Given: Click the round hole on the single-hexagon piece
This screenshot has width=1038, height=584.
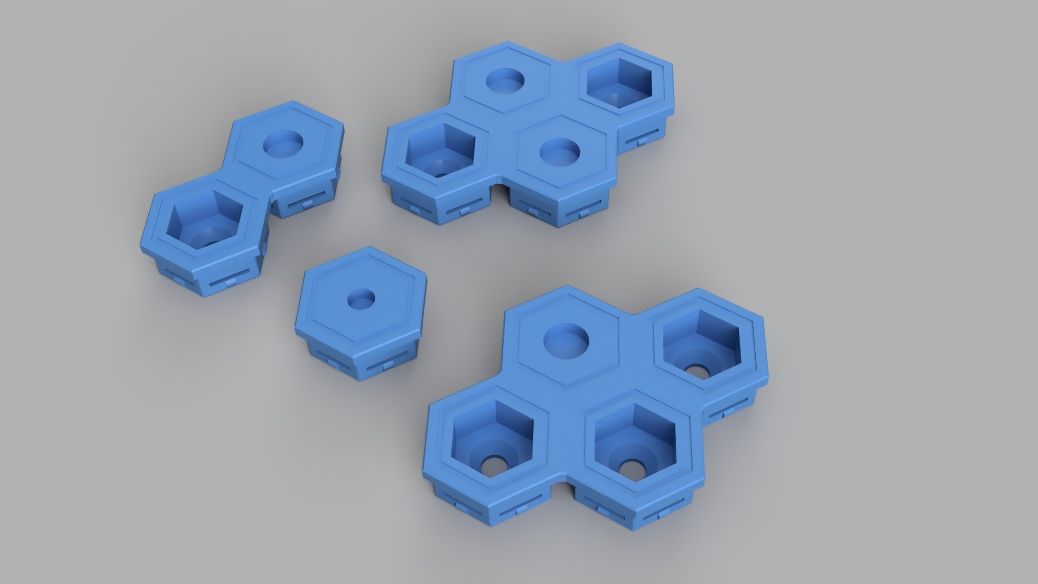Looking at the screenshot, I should pyautogui.click(x=361, y=299).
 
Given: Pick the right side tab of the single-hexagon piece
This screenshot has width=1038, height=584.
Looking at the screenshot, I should pyautogui.click(x=388, y=367).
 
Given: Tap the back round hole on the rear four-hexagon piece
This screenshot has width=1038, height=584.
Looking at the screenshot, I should pyautogui.click(x=505, y=81).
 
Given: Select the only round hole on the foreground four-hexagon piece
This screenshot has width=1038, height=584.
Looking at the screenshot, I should pyautogui.click(x=565, y=339).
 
